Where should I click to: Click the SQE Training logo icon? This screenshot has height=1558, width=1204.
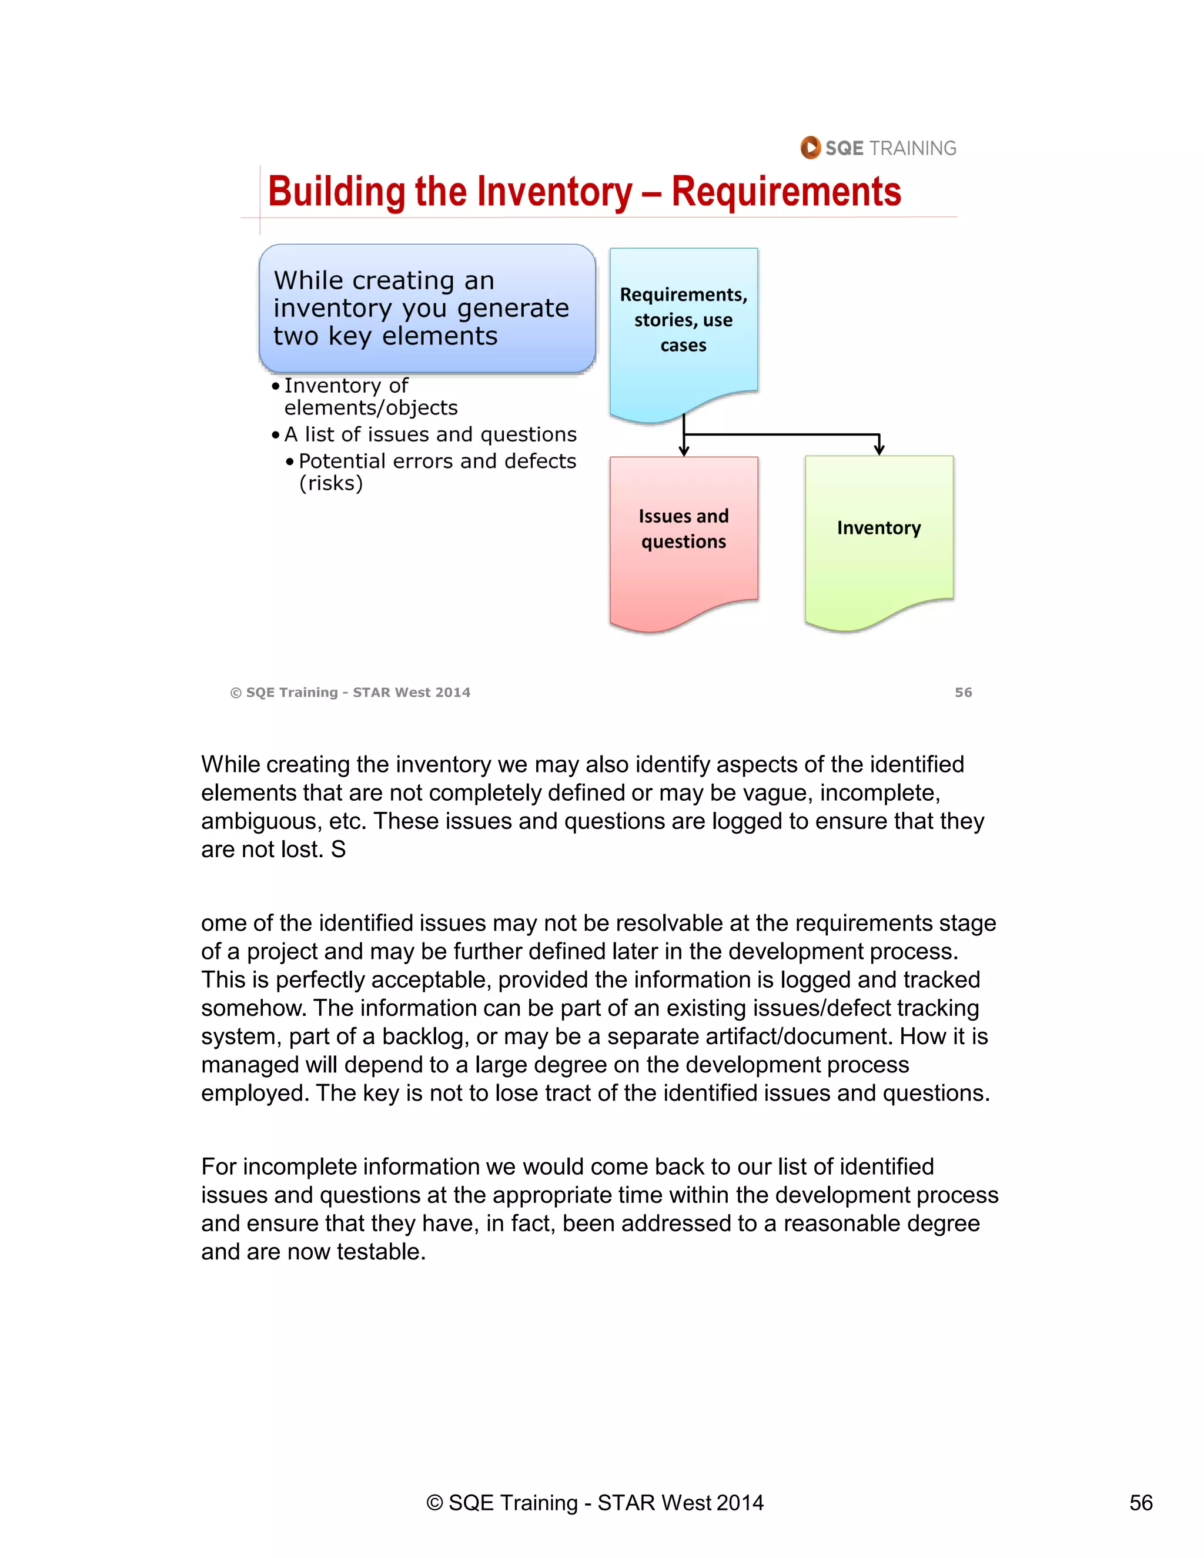[x=810, y=148]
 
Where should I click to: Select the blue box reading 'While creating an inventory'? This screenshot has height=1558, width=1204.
[x=427, y=308]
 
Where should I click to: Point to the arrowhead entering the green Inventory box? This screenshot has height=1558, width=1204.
[x=879, y=449]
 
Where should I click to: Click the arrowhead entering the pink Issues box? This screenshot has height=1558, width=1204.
[x=683, y=450]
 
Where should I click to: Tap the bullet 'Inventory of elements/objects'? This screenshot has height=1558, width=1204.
[x=364, y=397]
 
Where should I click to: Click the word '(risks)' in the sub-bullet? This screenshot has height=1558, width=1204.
[x=331, y=484]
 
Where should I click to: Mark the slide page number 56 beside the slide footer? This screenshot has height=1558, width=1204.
[x=963, y=692]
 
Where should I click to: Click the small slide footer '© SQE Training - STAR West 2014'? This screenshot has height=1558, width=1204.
[x=350, y=692]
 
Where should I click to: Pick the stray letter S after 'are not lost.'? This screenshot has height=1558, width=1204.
[x=338, y=850]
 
